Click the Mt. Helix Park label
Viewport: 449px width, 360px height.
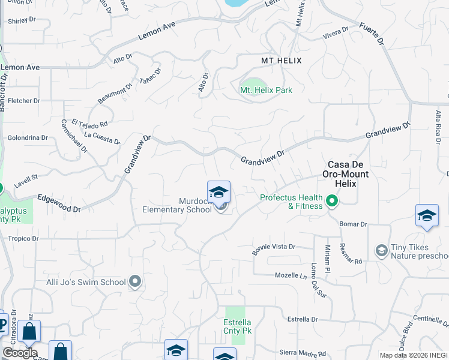point(266,90)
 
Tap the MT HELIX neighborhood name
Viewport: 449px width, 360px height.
point(281,61)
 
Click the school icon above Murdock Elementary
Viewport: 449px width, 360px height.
point(218,192)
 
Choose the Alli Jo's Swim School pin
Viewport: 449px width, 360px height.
point(135,281)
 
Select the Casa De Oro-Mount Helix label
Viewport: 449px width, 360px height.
point(348,169)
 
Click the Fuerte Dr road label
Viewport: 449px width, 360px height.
point(372,35)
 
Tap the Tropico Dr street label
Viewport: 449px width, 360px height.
point(23,238)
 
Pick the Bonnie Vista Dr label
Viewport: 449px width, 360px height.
point(274,248)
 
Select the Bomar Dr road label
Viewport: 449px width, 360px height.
point(353,224)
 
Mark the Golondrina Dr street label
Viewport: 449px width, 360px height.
point(27,137)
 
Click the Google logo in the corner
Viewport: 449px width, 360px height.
point(20,352)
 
